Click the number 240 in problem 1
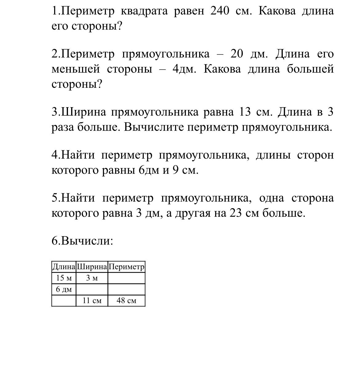point(220,11)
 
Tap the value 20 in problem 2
point(237,54)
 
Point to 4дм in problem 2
point(184,69)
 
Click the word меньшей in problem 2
point(76,69)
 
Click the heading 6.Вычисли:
point(82,241)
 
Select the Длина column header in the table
point(64,267)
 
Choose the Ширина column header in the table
point(92,267)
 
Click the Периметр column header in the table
point(126,267)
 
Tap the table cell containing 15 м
point(64,278)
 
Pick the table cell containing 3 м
point(92,278)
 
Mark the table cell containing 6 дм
point(64,289)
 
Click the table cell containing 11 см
point(92,301)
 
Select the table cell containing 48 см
point(126,301)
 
